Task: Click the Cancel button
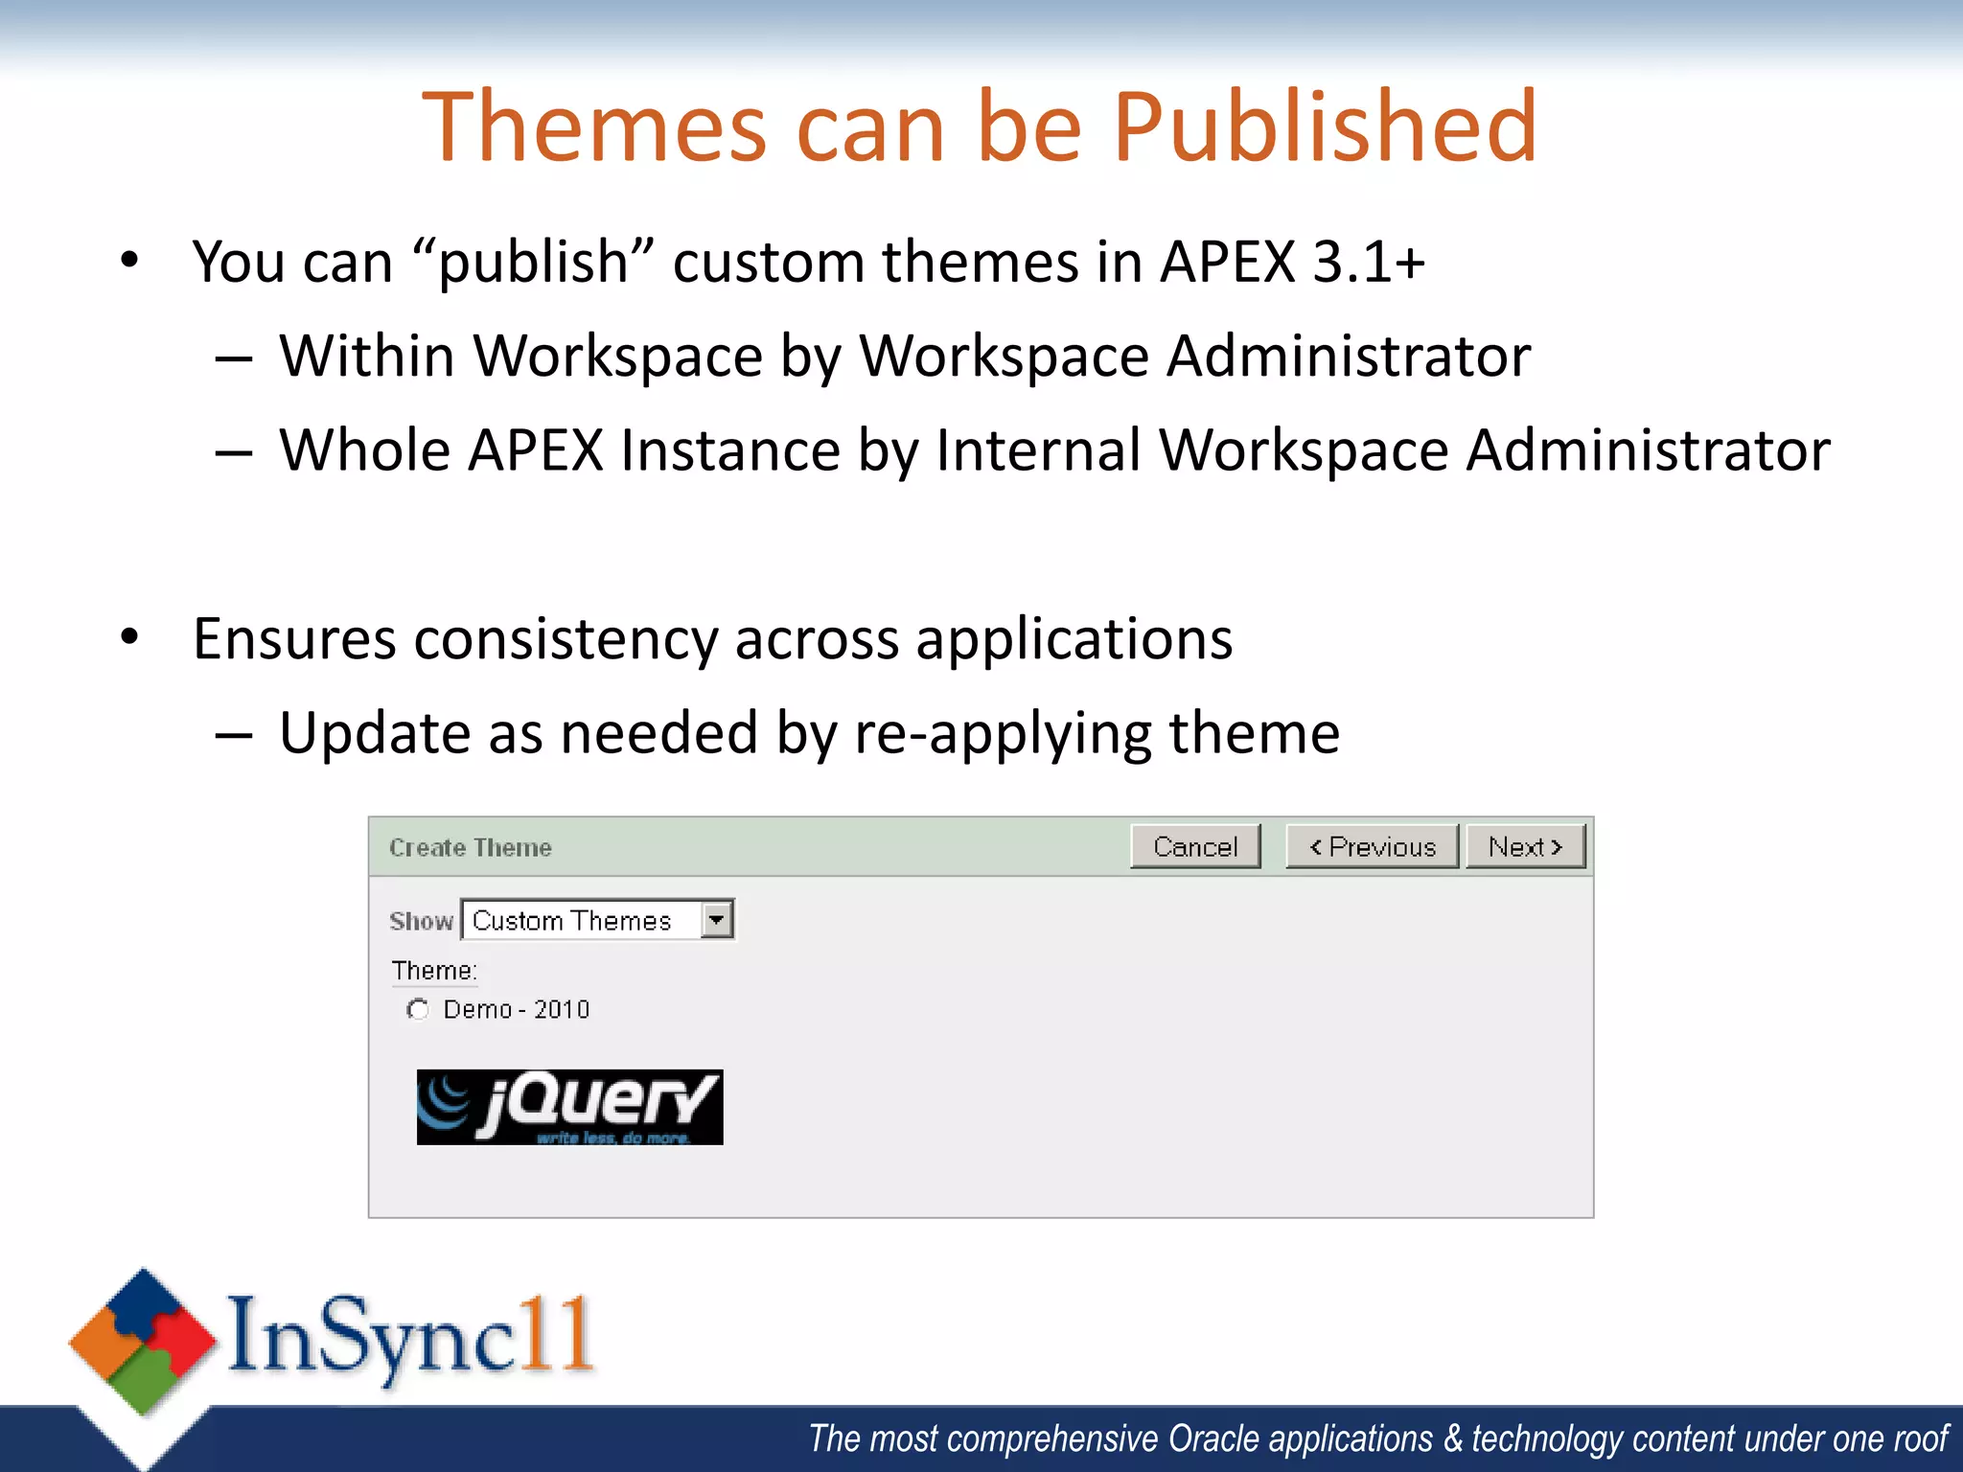[1195, 847]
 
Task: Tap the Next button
[1525, 847]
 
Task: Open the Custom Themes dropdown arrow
[716, 920]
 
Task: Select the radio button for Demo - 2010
[418, 1009]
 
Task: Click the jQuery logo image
[569, 1107]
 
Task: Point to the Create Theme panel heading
[471, 848]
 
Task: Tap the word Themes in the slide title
[594, 127]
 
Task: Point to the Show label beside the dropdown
[421, 921]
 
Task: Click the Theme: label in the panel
[434, 971]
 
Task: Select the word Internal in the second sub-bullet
[1038, 450]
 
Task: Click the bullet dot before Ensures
[130, 637]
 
